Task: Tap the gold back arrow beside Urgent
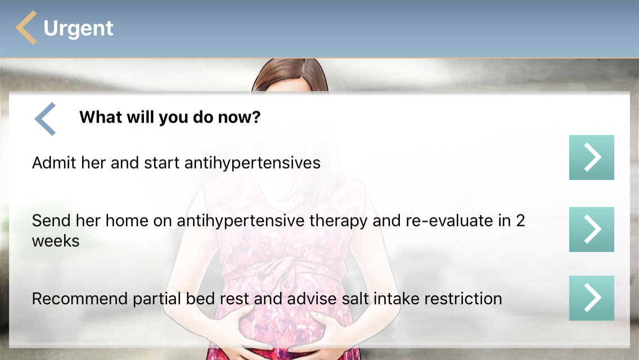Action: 26,28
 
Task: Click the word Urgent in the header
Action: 78,29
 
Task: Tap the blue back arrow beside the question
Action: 45,119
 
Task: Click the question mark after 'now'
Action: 256,117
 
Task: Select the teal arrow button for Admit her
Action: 591,157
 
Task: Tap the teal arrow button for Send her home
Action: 591,229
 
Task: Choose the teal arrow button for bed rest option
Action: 591,298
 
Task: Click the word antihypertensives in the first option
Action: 252,163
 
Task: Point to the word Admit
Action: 54,163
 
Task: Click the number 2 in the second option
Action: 520,220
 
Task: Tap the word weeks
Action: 56,241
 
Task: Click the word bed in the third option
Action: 200,299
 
